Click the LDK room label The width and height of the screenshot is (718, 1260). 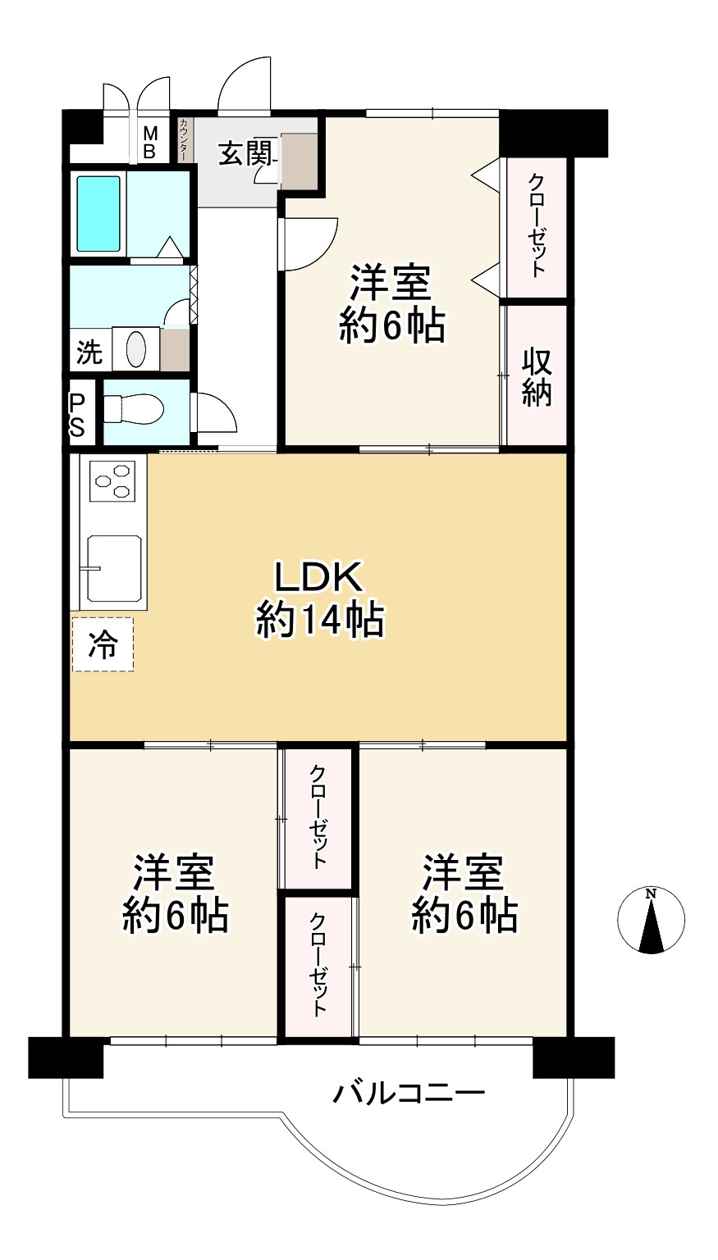(318, 577)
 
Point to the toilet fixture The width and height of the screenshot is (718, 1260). (134, 409)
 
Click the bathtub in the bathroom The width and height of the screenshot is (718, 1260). (98, 214)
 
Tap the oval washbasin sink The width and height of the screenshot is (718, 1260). (136, 348)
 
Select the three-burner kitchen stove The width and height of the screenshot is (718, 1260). (112, 480)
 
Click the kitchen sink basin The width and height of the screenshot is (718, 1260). (114, 568)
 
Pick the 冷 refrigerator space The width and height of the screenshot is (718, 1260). (103, 644)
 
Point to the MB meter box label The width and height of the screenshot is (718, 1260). (150, 143)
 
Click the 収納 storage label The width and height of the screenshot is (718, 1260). (536, 377)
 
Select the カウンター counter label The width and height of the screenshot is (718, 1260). (184, 139)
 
